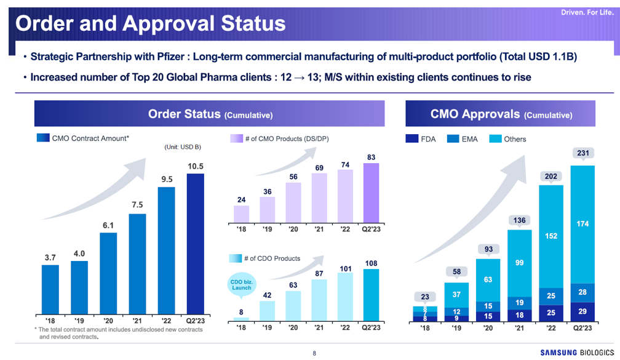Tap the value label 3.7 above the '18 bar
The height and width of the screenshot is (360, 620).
(x=50, y=257)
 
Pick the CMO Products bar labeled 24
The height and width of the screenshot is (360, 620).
(x=242, y=213)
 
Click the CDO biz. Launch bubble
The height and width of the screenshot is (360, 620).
(x=241, y=286)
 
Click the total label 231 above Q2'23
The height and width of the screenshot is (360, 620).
(x=581, y=153)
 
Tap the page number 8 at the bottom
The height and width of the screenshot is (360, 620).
(x=314, y=353)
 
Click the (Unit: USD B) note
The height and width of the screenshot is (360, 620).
(x=183, y=147)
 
